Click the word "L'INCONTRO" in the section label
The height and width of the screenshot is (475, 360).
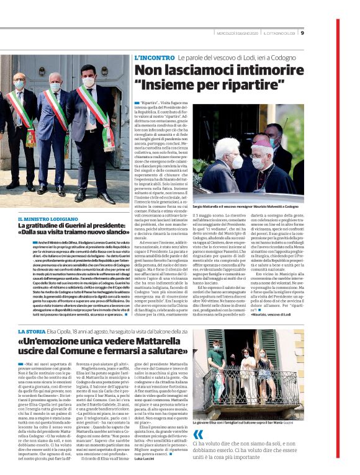click(x=154, y=57)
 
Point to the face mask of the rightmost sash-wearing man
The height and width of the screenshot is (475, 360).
click(x=88, y=82)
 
